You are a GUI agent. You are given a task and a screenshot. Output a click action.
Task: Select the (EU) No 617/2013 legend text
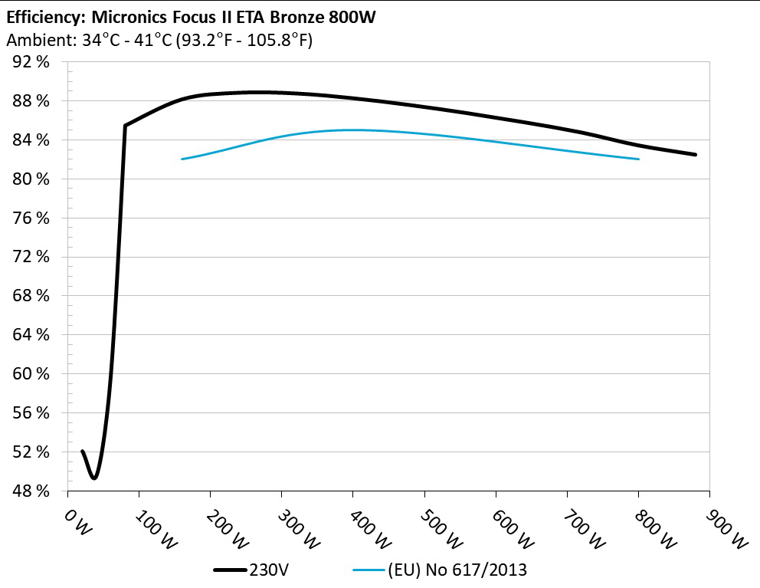[x=457, y=570]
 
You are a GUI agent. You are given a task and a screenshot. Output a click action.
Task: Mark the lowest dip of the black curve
[x=94, y=478]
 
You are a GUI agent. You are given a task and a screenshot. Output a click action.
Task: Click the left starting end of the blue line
[x=182, y=159]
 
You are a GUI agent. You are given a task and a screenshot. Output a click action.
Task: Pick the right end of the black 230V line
[x=696, y=155]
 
